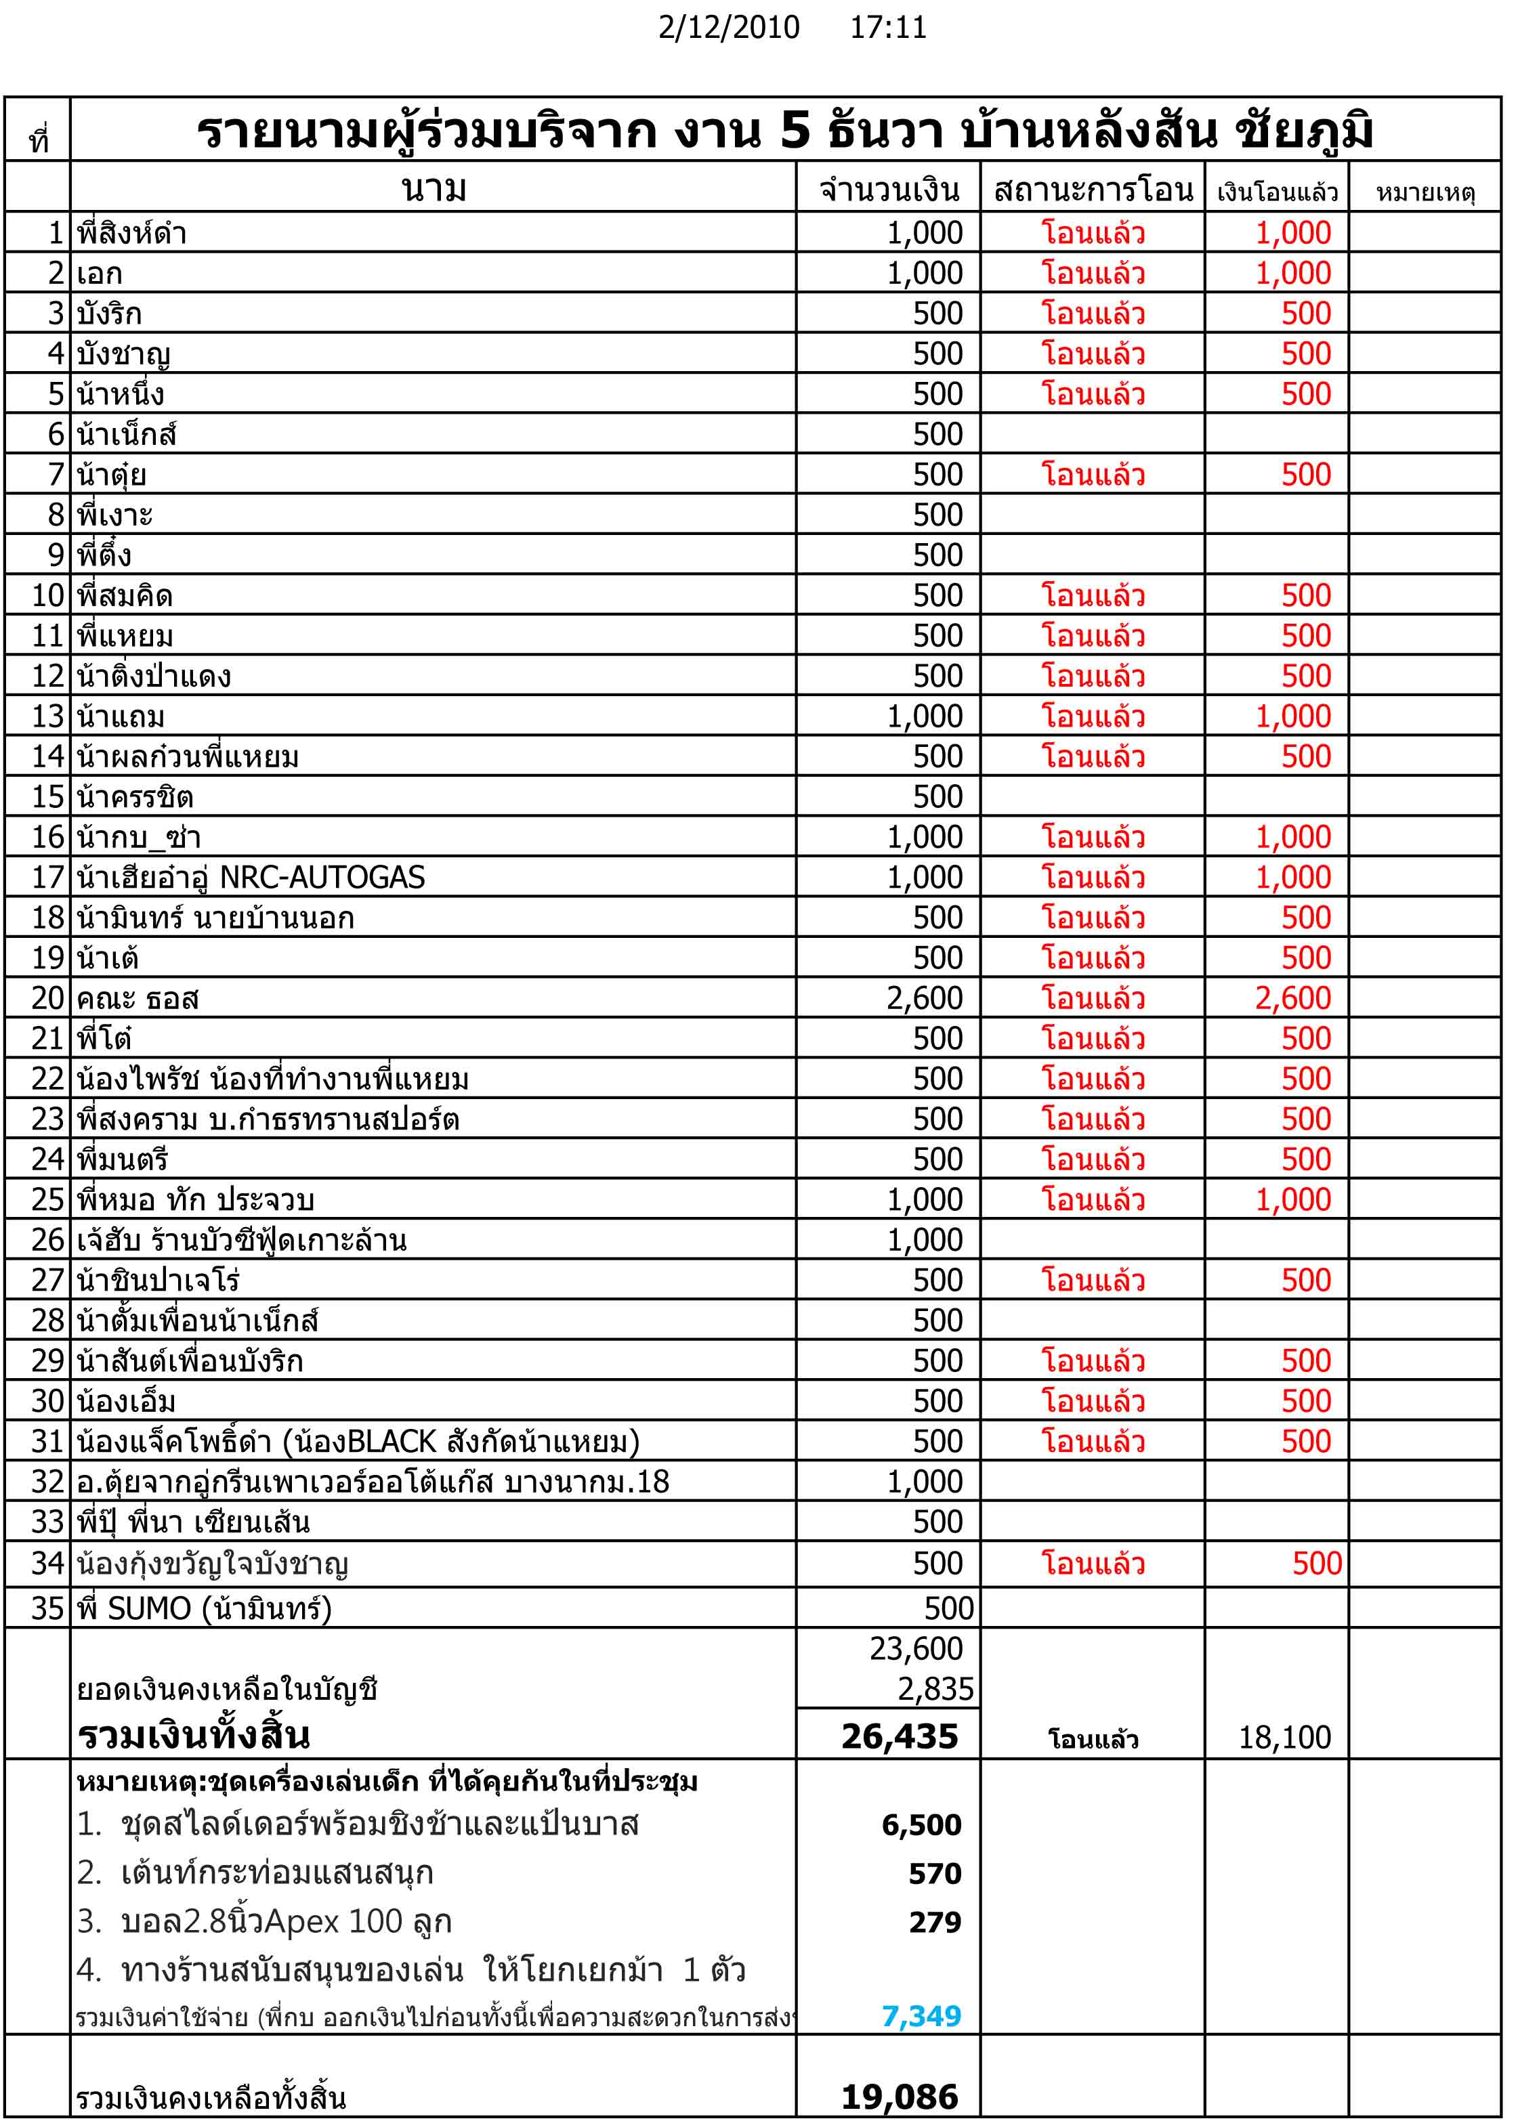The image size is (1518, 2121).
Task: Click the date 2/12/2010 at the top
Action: pyautogui.click(x=728, y=28)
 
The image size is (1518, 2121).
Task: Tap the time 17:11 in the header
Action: pyautogui.click(x=887, y=28)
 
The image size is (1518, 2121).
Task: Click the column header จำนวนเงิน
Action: pyautogui.click(x=889, y=190)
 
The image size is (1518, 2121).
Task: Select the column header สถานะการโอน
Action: pyautogui.click(x=1093, y=190)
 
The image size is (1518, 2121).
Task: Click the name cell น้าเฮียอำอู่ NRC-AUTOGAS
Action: pyautogui.click(x=251, y=878)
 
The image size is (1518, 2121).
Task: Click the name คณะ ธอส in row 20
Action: pyautogui.click(x=138, y=999)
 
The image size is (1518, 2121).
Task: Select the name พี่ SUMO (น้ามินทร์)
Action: pyautogui.click(x=205, y=1608)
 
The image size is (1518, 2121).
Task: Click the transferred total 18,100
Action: pyautogui.click(x=1284, y=1737)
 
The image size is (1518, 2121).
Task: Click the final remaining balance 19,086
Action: pyautogui.click(x=899, y=2097)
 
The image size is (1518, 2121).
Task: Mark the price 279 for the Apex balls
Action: pyautogui.click(x=935, y=1922)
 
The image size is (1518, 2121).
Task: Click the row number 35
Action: pyautogui.click(x=47, y=1608)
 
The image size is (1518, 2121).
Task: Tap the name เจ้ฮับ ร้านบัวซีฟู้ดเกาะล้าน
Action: pyautogui.click(x=242, y=1240)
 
